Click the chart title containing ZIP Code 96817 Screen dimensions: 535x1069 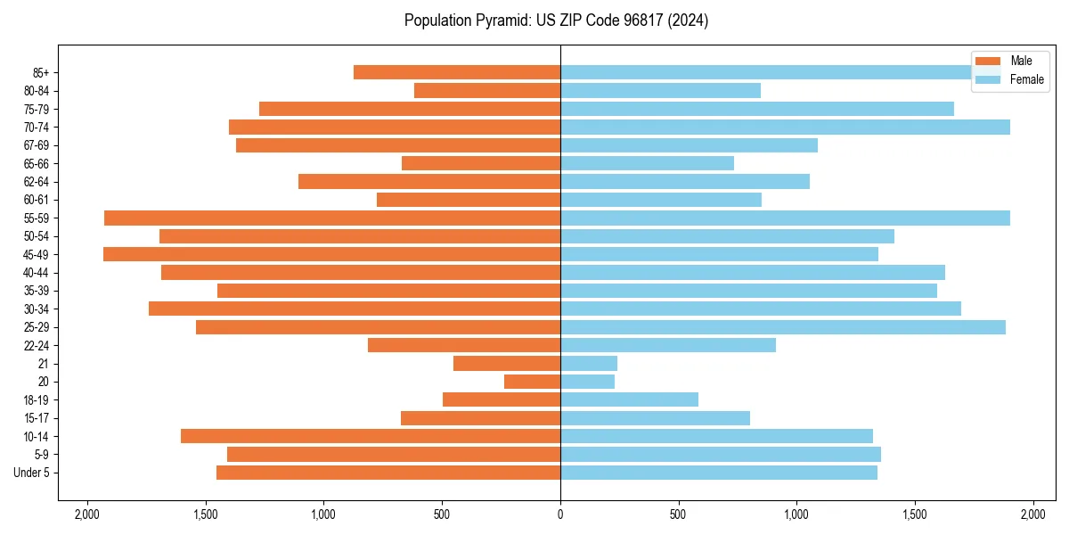556,21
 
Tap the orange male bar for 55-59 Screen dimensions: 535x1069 332,218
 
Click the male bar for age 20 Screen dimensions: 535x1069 532,382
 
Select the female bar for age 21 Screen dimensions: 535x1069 589,364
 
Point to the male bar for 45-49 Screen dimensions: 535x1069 331,254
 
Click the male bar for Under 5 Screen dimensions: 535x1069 388,473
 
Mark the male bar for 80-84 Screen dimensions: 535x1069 487,90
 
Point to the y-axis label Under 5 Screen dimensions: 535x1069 31,473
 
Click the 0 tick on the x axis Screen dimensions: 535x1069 560,514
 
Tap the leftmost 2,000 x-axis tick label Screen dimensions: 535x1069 86,514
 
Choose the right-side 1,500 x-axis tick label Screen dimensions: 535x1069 915,514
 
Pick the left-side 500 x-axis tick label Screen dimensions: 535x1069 442,514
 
